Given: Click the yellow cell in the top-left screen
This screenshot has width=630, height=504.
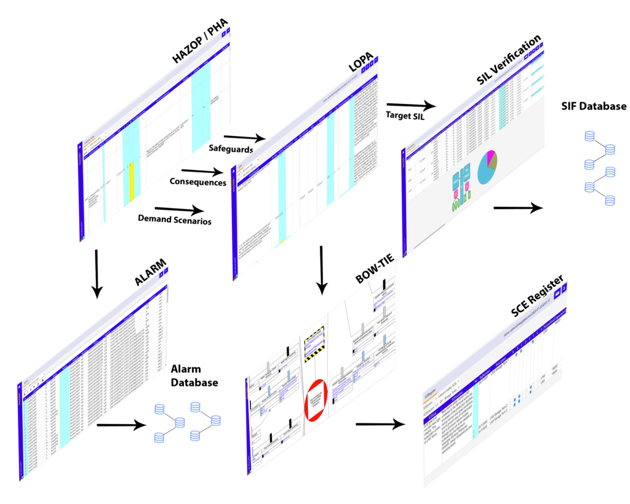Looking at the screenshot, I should point(132,182).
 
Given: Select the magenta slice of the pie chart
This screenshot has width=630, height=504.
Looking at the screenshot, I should point(491,158).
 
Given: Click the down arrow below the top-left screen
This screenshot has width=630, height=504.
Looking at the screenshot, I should point(96,274).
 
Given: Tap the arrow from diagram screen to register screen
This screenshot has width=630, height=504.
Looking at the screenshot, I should point(380,424).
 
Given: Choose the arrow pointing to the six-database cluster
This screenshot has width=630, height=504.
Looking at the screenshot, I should point(518,209).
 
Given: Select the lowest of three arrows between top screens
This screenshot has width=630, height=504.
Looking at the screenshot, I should point(178,211).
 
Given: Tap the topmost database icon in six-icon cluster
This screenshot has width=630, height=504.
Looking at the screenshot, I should point(589,136).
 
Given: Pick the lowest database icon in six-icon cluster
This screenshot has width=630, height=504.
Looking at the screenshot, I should point(610,200).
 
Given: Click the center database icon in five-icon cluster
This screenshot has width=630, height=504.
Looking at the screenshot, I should point(180,422).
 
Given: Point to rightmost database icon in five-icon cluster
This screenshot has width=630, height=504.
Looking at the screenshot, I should point(215,421).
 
